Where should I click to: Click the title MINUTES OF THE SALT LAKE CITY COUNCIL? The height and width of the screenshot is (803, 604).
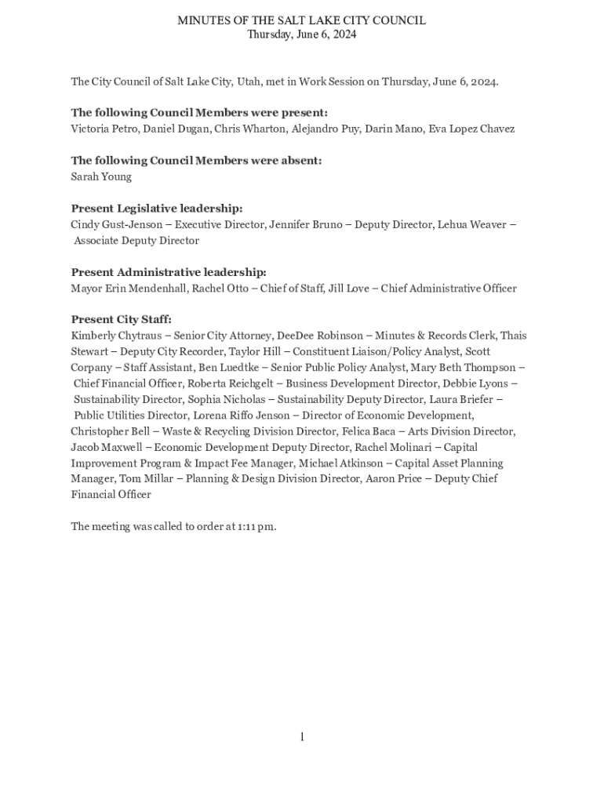click(301, 20)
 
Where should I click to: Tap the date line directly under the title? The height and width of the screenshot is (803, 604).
click(301, 35)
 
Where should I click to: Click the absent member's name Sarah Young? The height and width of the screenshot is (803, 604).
click(101, 176)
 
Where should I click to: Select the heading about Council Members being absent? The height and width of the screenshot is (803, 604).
click(196, 161)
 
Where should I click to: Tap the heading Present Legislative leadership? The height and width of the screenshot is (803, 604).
click(157, 209)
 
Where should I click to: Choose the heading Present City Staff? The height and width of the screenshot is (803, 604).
click(121, 320)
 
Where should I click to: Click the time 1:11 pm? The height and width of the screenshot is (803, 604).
click(256, 526)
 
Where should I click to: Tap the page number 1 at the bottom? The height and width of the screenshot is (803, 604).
click(301, 737)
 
